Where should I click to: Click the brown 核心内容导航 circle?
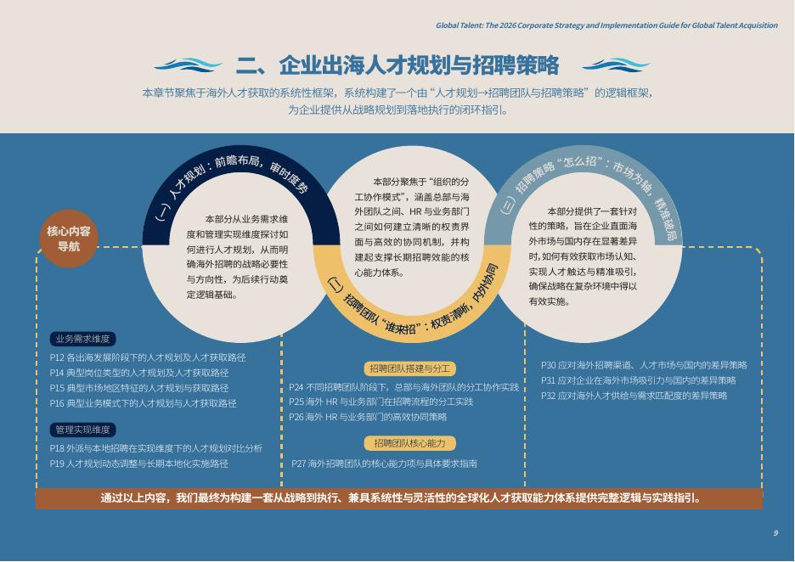[x=69, y=239]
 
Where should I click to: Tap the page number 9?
[x=775, y=533]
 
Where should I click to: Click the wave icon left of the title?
[x=189, y=65]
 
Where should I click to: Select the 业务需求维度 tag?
[x=82, y=339]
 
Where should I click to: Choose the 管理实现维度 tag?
[x=82, y=430]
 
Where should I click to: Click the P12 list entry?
[x=148, y=357]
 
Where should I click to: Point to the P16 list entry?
[x=143, y=403]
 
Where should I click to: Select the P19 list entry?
[x=138, y=464]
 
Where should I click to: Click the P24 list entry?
[x=403, y=387]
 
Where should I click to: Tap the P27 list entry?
[x=384, y=464]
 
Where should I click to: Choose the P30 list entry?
[x=644, y=365]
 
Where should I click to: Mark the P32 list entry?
[x=634, y=396]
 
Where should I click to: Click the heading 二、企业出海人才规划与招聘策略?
[x=397, y=65]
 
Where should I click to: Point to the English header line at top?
[x=606, y=25]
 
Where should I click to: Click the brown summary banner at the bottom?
[x=398, y=498]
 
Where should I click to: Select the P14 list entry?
[x=139, y=373]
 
